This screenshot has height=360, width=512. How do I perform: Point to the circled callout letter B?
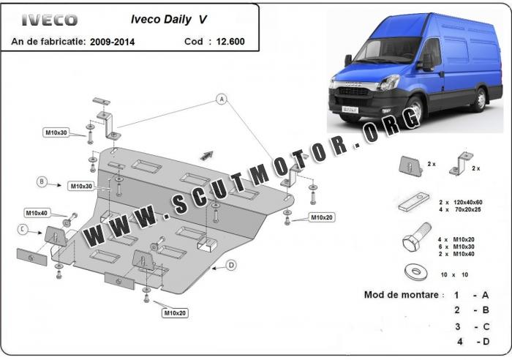pyautogui.click(x=42, y=181)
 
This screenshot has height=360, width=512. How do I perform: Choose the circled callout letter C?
pyautogui.click(x=23, y=230)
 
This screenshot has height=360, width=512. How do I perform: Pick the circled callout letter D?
pyautogui.click(x=231, y=265)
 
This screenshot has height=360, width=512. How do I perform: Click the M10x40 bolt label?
pyautogui.click(x=37, y=213)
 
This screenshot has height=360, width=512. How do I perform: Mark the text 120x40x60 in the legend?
pyautogui.click(x=470, y=201)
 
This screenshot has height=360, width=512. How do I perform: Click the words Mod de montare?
pyautogui.click(x=404, y=295)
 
